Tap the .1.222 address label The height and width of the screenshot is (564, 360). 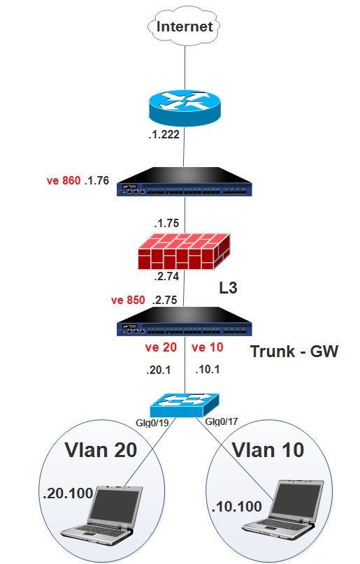point(164,134)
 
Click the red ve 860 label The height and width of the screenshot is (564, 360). point(64,180)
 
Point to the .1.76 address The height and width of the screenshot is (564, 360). point(96,180)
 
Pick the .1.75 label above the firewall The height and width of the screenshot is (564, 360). point(166,223)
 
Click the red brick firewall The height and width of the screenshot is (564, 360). point(184,251)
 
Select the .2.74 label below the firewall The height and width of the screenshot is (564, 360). point(166,276)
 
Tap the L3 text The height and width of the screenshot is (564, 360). point(228,288)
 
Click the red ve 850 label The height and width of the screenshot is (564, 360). point(128,300)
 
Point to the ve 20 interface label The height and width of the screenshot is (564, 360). point(161,347)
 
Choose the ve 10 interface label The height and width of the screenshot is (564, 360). point(208,347)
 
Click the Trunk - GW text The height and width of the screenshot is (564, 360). point(294,351)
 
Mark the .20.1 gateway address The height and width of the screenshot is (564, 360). point(159,370)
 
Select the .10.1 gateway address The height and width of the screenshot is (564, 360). point(207,370)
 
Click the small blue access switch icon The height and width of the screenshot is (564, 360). point(185,405)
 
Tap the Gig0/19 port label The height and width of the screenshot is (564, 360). point(152,423)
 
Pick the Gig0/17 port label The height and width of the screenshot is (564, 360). point(221,421)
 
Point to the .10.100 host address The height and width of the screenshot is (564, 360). point(237,507)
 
